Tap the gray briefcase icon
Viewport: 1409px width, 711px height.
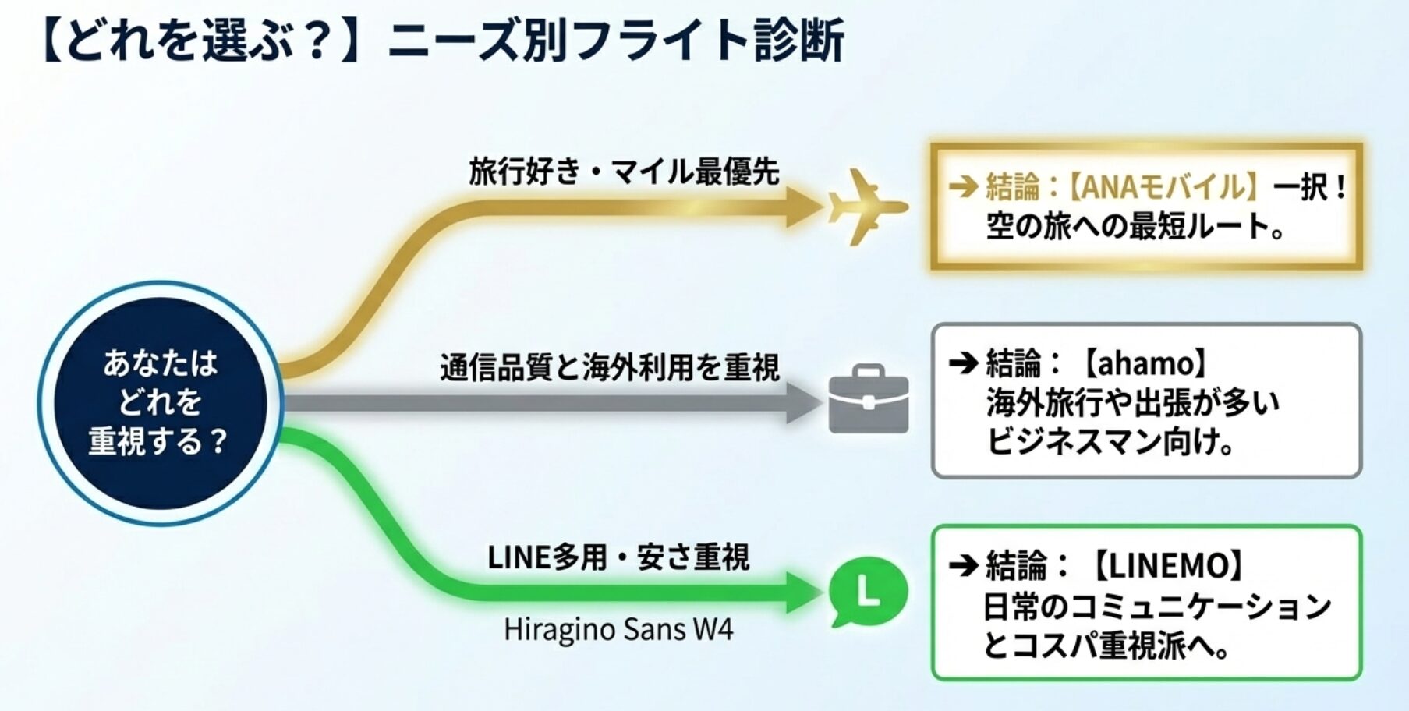point(868,399)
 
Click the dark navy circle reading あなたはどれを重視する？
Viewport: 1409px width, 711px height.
point(160,403)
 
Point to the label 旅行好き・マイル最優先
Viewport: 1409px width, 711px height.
point(624,172)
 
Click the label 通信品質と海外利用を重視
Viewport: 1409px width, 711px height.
point(609,367)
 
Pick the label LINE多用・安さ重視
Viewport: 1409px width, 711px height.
point(618,557)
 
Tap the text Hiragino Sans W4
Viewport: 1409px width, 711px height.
point(618,629)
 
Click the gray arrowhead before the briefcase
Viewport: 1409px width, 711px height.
point(803,403)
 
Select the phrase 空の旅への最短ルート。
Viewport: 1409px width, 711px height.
point(1135,227)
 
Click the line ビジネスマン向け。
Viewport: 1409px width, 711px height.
point(1111,442)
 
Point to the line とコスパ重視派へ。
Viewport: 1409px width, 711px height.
point(1107,646)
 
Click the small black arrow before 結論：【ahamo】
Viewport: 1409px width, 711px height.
point(963,363)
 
